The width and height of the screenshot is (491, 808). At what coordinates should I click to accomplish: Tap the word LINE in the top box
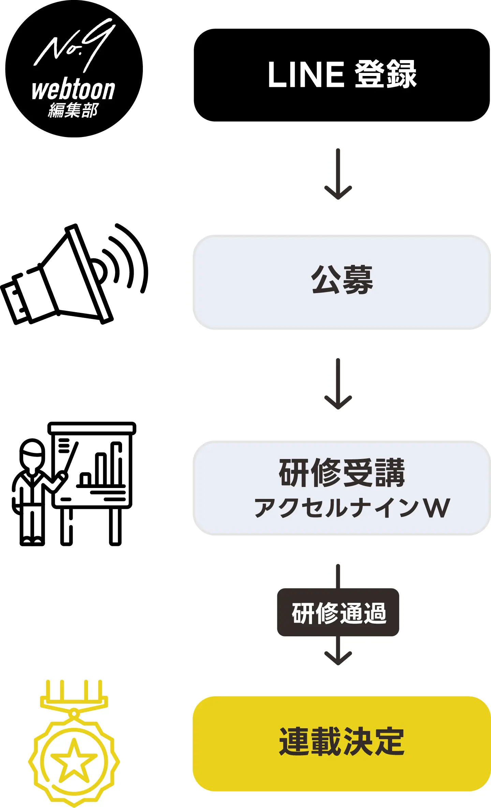[x=306, y=75]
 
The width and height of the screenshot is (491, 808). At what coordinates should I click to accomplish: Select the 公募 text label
[x=342, y=280]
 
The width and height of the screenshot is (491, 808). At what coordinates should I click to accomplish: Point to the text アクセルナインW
[x=352, y=508]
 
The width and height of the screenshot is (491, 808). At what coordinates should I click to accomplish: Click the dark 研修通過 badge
[x=338, y=612]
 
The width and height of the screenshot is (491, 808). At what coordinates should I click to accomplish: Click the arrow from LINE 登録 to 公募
[x=338, y=174]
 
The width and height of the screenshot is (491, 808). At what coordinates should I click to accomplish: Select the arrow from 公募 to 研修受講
[x=338, y=384]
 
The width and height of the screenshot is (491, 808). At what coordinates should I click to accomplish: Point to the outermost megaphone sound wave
[x=140, y=256]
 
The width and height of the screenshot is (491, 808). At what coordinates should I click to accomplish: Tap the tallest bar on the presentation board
[x=117, y=463]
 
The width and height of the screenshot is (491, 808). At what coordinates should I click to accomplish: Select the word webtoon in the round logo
[x=73, y=90]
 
